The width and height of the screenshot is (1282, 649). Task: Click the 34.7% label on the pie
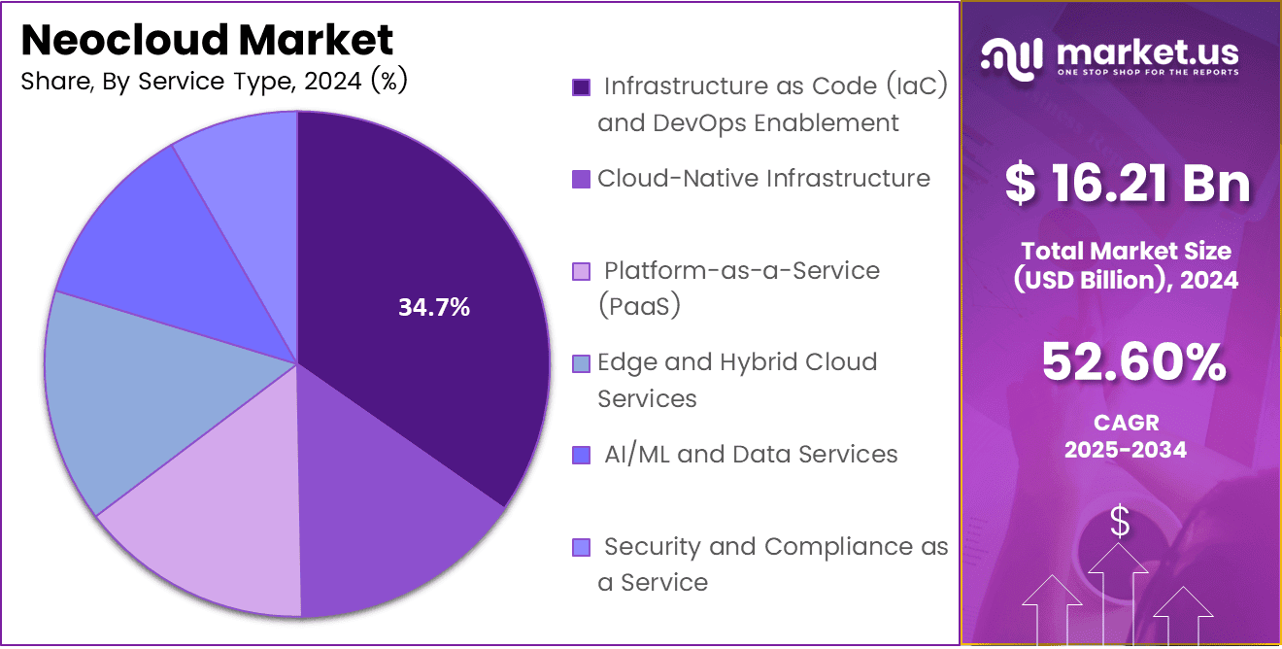(x=434, y=308)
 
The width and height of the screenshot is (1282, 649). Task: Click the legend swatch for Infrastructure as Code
(x=582, y=87)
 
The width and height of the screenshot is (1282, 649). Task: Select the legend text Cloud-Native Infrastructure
(x=763, y=179)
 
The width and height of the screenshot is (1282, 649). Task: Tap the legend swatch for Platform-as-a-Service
(x=582, y=271)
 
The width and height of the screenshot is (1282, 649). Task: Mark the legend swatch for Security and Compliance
(x=582, y=547)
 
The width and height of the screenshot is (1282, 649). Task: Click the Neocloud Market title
(x=207, y=41)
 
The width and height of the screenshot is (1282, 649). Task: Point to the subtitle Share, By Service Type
(x=214, y=82)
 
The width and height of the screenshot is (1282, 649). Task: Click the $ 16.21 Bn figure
(x=1127, y=184)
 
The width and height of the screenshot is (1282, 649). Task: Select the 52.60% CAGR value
(x=1132, y=362)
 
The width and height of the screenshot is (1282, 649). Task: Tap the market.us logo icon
(x=1011, y=56)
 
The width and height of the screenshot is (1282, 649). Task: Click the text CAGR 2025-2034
(x=1125, y=436)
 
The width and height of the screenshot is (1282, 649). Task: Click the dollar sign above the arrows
(x=1120, y=523)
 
